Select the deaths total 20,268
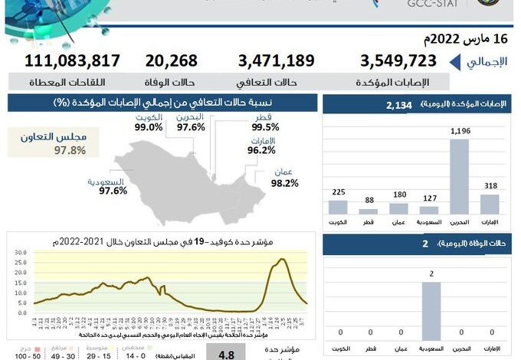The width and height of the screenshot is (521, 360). click(171, 61)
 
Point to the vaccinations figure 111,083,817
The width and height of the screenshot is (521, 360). click(73, 61)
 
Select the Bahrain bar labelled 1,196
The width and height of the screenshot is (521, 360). click(459, 176)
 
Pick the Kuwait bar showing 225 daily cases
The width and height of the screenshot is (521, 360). click(338, 207)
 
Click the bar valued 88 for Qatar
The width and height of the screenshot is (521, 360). click(369, 211)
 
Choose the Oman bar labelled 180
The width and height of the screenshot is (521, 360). click(398, 208)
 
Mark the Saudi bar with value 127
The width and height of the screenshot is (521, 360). click(429, 209)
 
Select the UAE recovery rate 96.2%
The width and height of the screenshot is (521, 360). click(261, 151)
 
